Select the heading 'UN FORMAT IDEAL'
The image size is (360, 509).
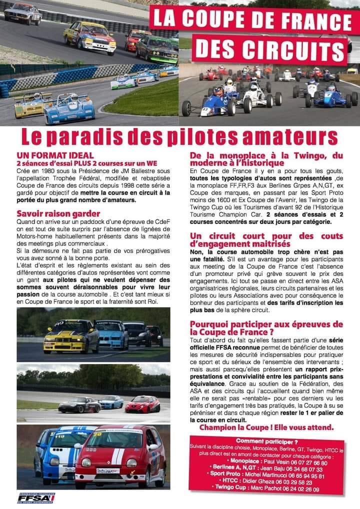coord(55,155)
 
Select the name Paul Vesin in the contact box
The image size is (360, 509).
coord(273,463)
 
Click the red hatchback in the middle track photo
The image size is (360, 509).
coord(142,404)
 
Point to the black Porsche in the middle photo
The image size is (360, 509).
coord(78,404)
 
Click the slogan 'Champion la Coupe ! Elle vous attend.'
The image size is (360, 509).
coord(266,427)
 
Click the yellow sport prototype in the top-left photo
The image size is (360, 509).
coord(32,104)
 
